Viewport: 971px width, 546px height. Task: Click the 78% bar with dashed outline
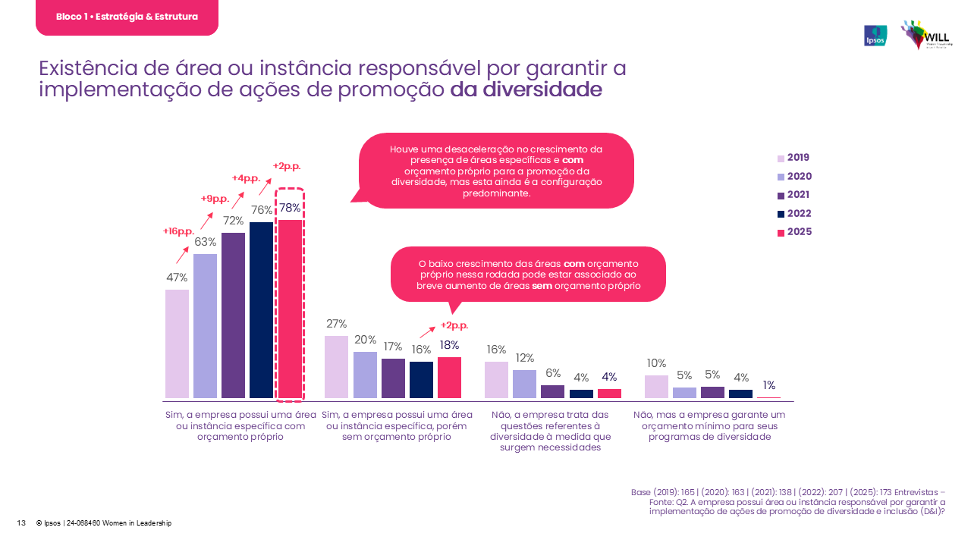point(289,309)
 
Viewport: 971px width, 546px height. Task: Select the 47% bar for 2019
point(177,344)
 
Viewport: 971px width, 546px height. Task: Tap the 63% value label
point(206,243)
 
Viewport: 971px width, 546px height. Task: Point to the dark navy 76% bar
point(261,309)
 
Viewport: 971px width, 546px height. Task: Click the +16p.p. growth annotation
point(179,231)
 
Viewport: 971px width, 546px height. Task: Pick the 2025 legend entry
point(794,232)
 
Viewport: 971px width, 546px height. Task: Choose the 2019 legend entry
point(793,158)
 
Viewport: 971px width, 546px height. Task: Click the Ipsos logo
point(875,36)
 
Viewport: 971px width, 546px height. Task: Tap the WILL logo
point(926,35)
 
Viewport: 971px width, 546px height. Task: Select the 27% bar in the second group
point(336,367)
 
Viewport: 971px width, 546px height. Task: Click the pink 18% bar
point(449,378)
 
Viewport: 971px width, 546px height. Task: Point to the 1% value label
point(768,385)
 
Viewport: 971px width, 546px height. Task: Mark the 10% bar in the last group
point(656,387)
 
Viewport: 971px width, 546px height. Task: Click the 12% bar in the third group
point(524,384)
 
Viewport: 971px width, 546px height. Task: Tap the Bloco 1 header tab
point(127,17)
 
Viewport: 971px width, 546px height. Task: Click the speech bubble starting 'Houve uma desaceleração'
point(496,171)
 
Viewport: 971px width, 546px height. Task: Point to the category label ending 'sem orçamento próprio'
point(398,426)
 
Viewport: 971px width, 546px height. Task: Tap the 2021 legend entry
point(793,195)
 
